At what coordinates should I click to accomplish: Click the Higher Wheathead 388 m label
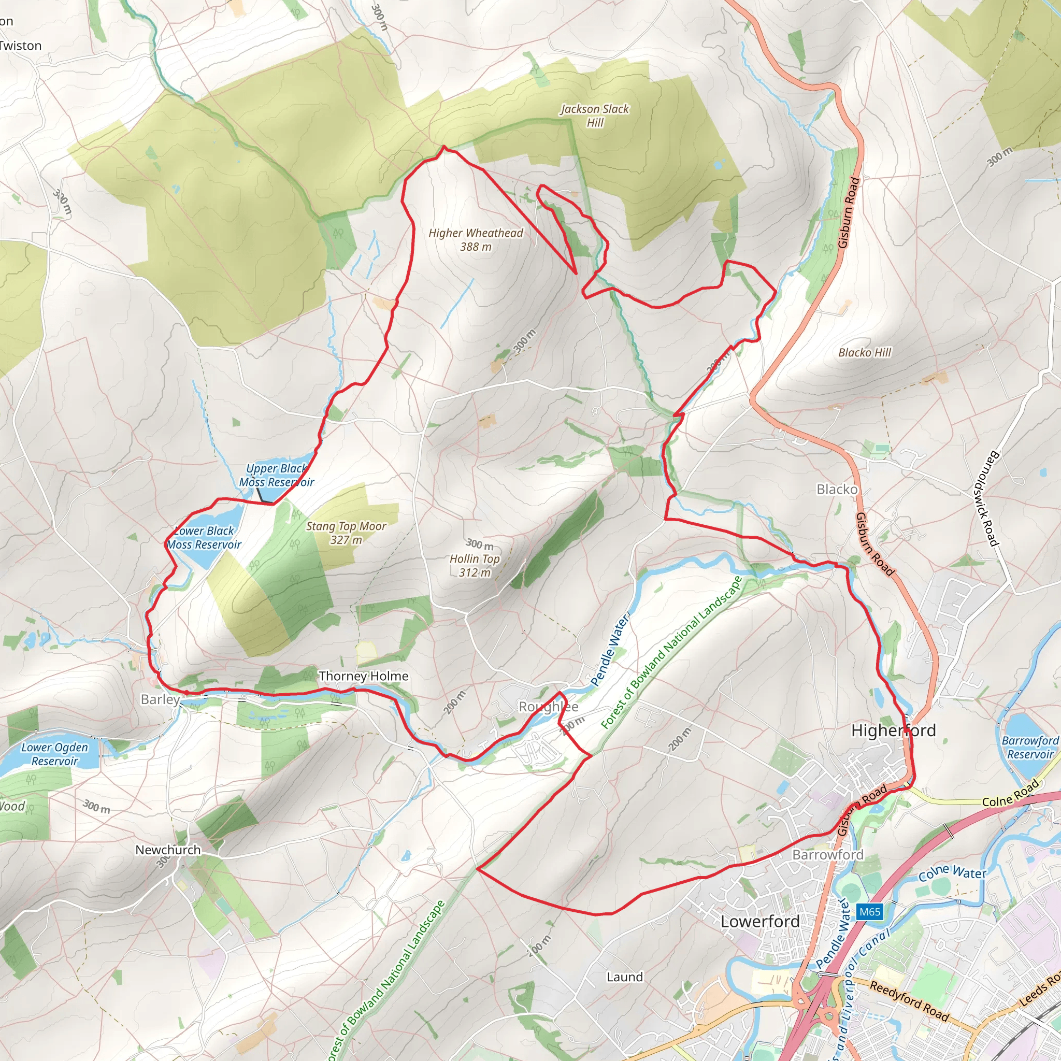(x=476, y=240)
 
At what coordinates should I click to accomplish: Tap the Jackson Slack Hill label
(x=595, y=116)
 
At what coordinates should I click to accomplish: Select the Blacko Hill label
(x=865, y=353)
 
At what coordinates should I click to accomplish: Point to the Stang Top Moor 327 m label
(x=346, y=533)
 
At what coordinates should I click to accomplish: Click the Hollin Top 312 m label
(x=475, y=566)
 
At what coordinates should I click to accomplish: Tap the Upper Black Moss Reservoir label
(x=276, y=476)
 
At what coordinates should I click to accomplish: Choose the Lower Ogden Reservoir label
(x=54, y=754)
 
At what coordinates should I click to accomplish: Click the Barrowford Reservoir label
(x=1030, y=748)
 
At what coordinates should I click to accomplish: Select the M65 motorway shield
(x=870, y=912)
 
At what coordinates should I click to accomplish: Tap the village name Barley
(x=160, y=699)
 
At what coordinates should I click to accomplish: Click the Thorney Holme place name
(x=364, y=676)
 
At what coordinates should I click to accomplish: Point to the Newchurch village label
(x=168, y=850)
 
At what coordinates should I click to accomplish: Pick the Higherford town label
(x=893, y=730)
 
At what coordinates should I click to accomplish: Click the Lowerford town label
(x=760, y=922)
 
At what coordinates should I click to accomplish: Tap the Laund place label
(x=624, y=977)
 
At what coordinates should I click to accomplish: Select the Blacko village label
(x=836, y=489)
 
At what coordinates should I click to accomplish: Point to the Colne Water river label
(x=952, y=872)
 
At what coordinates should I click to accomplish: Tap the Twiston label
(x=20, y=46)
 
